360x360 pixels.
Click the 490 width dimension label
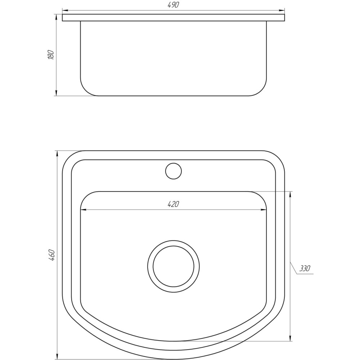tap(173, 5)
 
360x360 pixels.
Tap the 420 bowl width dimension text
tap(173, 204)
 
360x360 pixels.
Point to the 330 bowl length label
tap(305, 269)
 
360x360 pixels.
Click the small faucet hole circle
tap(173, 171)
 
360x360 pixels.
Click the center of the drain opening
tap(173, 266)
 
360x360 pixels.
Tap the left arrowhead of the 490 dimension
tap(65, 10)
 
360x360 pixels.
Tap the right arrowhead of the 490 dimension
tap(282, 10)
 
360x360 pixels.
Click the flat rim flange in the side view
tap(173, 18)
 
